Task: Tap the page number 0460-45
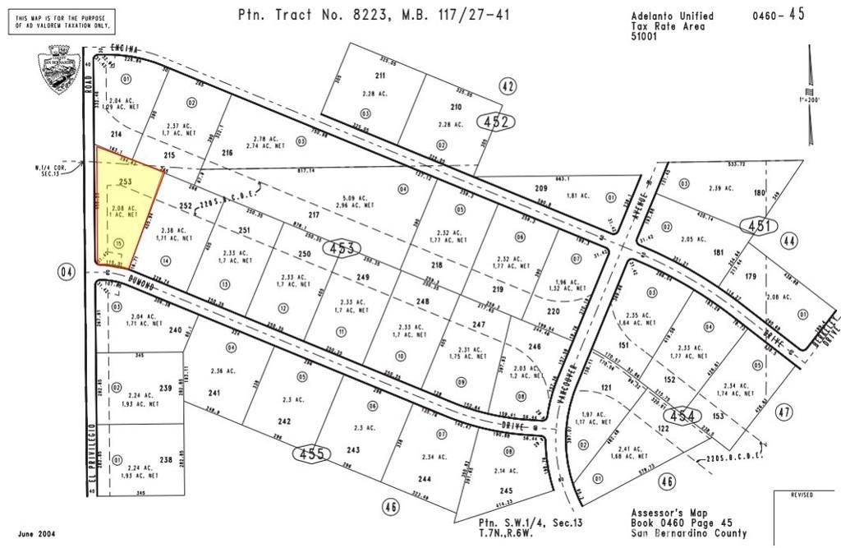779,16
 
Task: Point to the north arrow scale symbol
810,94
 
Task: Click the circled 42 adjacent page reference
508,86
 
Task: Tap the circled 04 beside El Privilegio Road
67,272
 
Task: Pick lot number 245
506,490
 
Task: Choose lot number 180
760,194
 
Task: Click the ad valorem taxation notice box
62,21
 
